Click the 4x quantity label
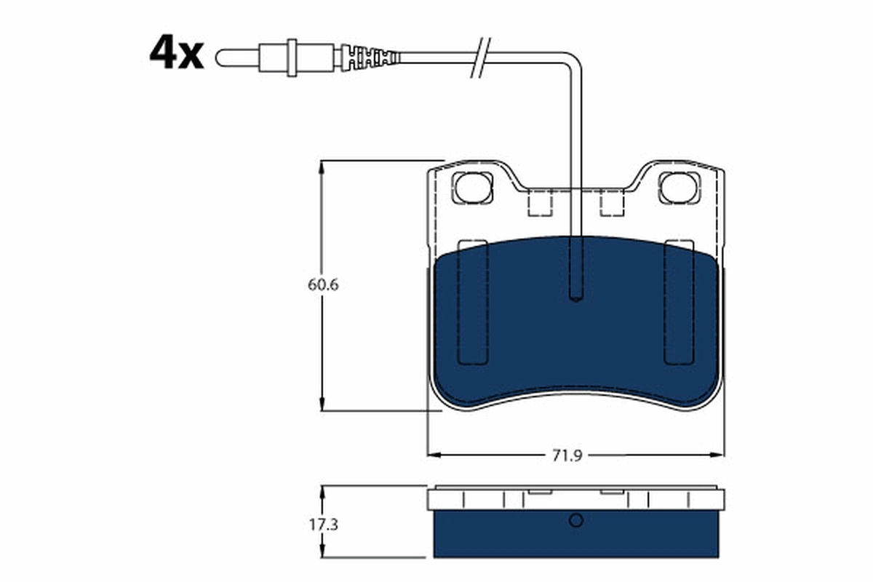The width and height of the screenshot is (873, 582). [177, 53]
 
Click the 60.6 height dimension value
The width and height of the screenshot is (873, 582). [323, 284]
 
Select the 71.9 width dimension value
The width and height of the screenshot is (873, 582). [567, 455]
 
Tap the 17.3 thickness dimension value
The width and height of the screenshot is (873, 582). [323, 523]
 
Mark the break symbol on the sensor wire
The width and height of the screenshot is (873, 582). [482, 57]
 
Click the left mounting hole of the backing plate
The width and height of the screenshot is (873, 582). [472, 187]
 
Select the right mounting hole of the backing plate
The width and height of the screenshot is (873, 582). [679, 187]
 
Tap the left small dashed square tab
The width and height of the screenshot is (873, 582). [540, 203]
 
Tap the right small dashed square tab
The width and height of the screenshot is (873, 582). [612, 203]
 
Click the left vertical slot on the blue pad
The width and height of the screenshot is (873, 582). [472, 302]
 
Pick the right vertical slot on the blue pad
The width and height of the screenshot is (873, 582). [679, 302]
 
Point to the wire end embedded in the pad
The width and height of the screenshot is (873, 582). [575, 295]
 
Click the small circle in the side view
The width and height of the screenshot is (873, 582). [576, 520]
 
